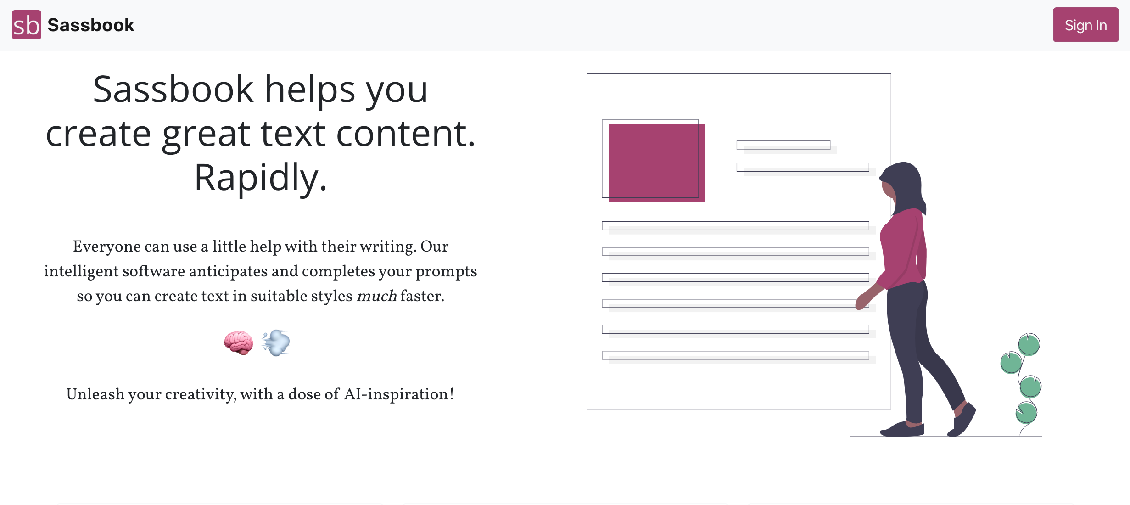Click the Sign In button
[1085, 25]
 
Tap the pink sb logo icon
[27, 25]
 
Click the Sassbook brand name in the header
[91, 25]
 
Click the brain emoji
[239, 342]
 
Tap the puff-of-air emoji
[276, 342]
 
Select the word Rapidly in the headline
[261, 178]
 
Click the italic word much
[376, 296]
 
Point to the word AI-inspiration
[399, 394]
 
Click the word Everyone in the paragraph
[107, 247]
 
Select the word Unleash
[95, 394]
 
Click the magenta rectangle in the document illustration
[657, 163]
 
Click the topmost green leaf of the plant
[1029, 344]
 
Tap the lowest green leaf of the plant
[1026, 413]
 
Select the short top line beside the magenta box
[783, 145]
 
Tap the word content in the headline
[406, 134]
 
